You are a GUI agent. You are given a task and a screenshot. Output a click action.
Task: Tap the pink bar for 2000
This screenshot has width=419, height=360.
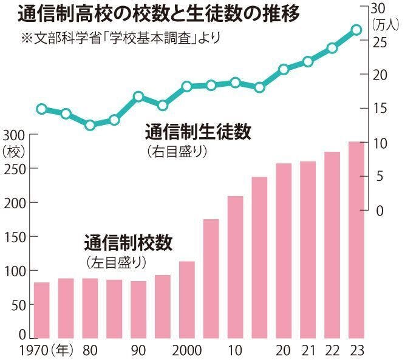[x=186, y=299]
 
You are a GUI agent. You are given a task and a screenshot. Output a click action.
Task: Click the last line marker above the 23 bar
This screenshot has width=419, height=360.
[x=356, y=30]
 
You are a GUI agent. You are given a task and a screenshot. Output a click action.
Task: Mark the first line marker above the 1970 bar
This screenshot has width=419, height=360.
[x=41, y=109]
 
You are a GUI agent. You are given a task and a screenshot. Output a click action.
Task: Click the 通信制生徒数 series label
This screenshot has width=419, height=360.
[x=198, y=132]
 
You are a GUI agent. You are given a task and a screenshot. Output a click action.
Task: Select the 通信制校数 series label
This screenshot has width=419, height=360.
[x=128, y=243]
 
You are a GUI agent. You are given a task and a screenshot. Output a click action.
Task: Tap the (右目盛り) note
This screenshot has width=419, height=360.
[x=177, y=151]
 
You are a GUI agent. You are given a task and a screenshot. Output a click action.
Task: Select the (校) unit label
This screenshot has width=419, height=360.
[x=12, y=149]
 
